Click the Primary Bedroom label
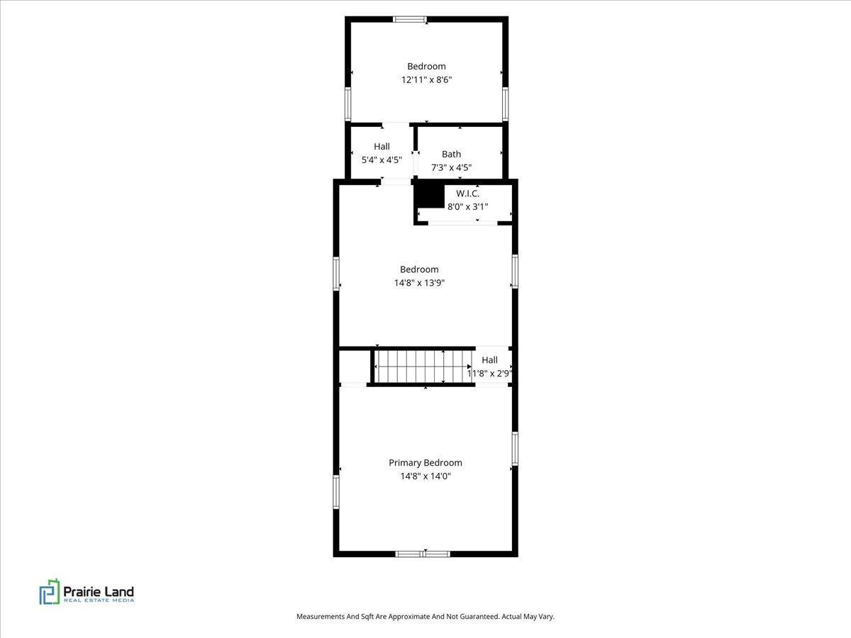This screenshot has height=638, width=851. (x=425, y=463)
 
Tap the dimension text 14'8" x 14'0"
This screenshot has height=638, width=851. (x=425, y=476)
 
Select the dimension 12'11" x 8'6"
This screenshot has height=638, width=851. (x=426, y=80)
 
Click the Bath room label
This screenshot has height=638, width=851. (x=451, y=154)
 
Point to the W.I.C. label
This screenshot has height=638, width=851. (x=467, y=194)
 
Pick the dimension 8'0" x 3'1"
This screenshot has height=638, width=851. (x=467, y=207)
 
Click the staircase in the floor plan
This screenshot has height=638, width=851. (x=423, y=366)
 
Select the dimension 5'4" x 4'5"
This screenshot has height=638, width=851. (x=382, y=160)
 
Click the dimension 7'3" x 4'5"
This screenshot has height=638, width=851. (x=451, y=168)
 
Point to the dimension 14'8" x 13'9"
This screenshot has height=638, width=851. (x=419, y=283)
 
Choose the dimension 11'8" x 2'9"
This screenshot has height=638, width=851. (x=489, y=373)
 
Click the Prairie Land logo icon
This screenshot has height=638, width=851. (x=50, y=591)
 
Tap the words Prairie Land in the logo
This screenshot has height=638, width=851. (x=99, y=591)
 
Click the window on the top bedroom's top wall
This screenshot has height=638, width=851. (x=409, y=19)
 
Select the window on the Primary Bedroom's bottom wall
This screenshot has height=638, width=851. (x=423, y=554)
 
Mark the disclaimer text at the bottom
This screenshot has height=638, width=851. (x=425, y=617)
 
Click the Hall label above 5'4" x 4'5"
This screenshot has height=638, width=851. (x=382, y=147)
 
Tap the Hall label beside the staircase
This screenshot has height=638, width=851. (x=489, y=360)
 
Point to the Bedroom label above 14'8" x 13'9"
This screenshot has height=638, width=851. (x=419, y=269)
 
